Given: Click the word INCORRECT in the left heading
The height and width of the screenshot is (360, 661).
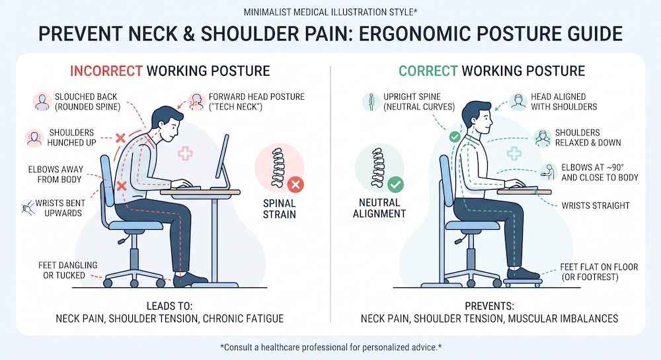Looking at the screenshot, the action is point(106,71).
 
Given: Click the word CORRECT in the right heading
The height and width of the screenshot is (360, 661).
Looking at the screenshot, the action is point(428,71).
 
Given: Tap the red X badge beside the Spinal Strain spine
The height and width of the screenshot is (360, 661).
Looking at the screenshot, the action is point(295,184).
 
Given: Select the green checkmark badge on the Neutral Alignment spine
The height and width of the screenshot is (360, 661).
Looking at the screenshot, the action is point(395,184).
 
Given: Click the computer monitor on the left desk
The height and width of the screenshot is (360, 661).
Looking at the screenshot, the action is point(223,162).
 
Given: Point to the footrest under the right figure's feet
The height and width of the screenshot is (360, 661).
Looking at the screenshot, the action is point(523,280).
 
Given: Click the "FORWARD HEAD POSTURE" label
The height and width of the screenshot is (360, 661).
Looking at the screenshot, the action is point(256,102).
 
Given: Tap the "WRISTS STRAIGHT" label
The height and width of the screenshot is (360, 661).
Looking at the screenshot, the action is point(596,205).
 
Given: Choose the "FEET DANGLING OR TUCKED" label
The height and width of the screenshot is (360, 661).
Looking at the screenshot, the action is point(67,270).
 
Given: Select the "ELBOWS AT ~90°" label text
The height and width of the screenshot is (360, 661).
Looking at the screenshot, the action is point(592,167).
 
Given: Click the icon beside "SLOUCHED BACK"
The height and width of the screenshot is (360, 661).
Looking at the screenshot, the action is point(42,102).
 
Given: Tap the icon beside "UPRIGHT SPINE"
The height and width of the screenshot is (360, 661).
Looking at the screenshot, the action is point(371,102).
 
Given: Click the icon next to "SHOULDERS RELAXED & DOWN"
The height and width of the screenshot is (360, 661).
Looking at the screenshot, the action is point(543,138).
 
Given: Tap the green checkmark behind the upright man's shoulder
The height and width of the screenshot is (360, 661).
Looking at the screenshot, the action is point(455,137).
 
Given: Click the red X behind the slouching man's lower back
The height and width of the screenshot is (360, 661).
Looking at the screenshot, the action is point(122,186).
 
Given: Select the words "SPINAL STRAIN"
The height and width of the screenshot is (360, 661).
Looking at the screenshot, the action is point(279,209).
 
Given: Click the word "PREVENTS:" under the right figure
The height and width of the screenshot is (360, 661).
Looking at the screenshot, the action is point(489,306).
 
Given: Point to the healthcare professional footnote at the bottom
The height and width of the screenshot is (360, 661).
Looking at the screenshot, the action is point(330,347).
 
